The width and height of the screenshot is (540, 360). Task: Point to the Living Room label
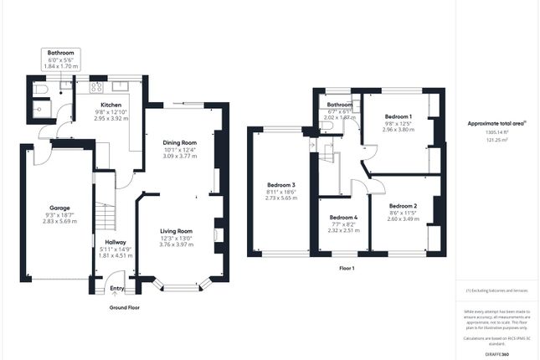coord(177,231)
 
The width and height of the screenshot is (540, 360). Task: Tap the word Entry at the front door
coord(117,289)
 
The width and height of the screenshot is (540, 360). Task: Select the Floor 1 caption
coord(346,268)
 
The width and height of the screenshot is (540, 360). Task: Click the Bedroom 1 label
coord(398,116)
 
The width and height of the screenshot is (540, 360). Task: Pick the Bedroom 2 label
coord(404,205)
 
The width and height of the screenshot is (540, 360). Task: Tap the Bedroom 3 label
coord(281,184)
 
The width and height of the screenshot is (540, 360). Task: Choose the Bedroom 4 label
coord(343,218)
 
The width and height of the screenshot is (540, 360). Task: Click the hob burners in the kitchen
coord(96,85)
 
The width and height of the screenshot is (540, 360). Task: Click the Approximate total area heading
coord(496,123)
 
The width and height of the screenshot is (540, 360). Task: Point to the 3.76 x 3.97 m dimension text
coord(177,244)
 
